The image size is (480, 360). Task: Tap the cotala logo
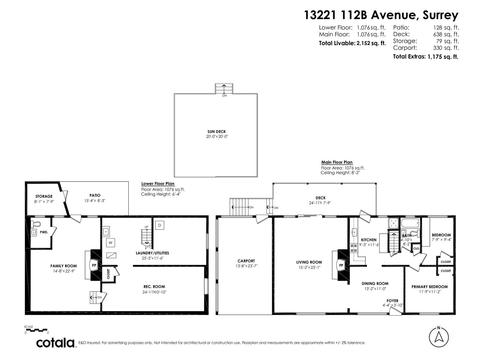tap(56, 343)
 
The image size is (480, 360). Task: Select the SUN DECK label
tap(217, 131)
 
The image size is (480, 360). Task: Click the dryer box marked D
tap(160, 225)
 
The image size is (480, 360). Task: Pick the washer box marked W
tap(110, 242)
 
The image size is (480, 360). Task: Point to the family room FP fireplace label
tap(94, 265)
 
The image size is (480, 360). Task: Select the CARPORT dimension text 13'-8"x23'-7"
tap(246, 266)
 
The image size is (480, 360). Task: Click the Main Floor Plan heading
tap(337, 162)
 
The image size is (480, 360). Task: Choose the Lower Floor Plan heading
tap(158, 184)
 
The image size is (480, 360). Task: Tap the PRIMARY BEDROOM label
tap(430, 286)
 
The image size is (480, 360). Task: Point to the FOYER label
tap(392, 301)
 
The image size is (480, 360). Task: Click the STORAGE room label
tap(44, 196)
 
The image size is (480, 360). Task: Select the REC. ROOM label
tap(154, 286)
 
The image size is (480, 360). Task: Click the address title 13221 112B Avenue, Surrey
tap(381, 15)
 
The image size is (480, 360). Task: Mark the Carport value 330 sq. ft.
tap(446, 48)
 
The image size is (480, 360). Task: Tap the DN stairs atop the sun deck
tap(224, 89)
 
